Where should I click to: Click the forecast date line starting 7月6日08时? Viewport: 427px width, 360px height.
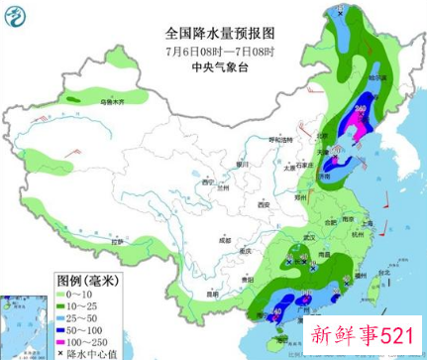tap(214, 52)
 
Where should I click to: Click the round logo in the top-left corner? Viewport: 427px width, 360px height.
tap(17, 17)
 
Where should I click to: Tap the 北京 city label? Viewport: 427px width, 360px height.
tap(320, 136)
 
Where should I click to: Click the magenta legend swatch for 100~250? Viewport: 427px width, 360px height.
tap(66, 342)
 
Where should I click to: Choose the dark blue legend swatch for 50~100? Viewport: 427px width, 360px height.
tap(66, 330)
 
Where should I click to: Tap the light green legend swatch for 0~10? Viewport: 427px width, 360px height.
tap(66, 294)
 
